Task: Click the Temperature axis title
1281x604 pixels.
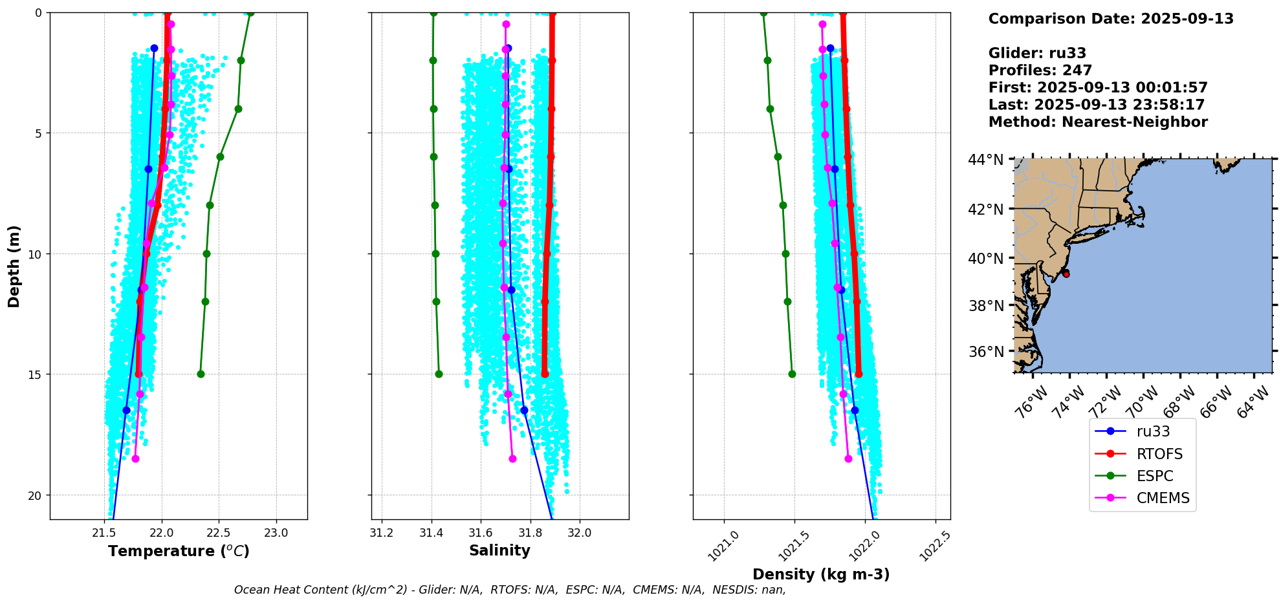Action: tap(179, 551)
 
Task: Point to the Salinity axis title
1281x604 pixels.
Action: tap(499, 550)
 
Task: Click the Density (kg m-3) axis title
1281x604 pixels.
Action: tap(821, 574)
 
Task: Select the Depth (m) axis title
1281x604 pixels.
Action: tap(14, 266)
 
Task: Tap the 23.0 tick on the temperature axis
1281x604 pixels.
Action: tap(276, 533)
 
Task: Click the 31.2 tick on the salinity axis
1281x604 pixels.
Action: tap(382, 533)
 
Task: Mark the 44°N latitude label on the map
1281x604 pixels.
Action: tap(987, 160)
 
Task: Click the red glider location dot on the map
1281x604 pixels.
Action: tap(1066, 274)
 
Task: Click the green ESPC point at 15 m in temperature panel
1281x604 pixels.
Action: tap(201, 374)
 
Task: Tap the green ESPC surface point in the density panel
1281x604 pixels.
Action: tap(763, 12)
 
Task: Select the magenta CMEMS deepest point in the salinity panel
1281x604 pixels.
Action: tap(512, 458)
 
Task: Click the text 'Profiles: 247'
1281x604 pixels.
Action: tap(1040, 70)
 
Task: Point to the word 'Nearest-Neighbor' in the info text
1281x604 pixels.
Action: tap(1135, 122)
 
